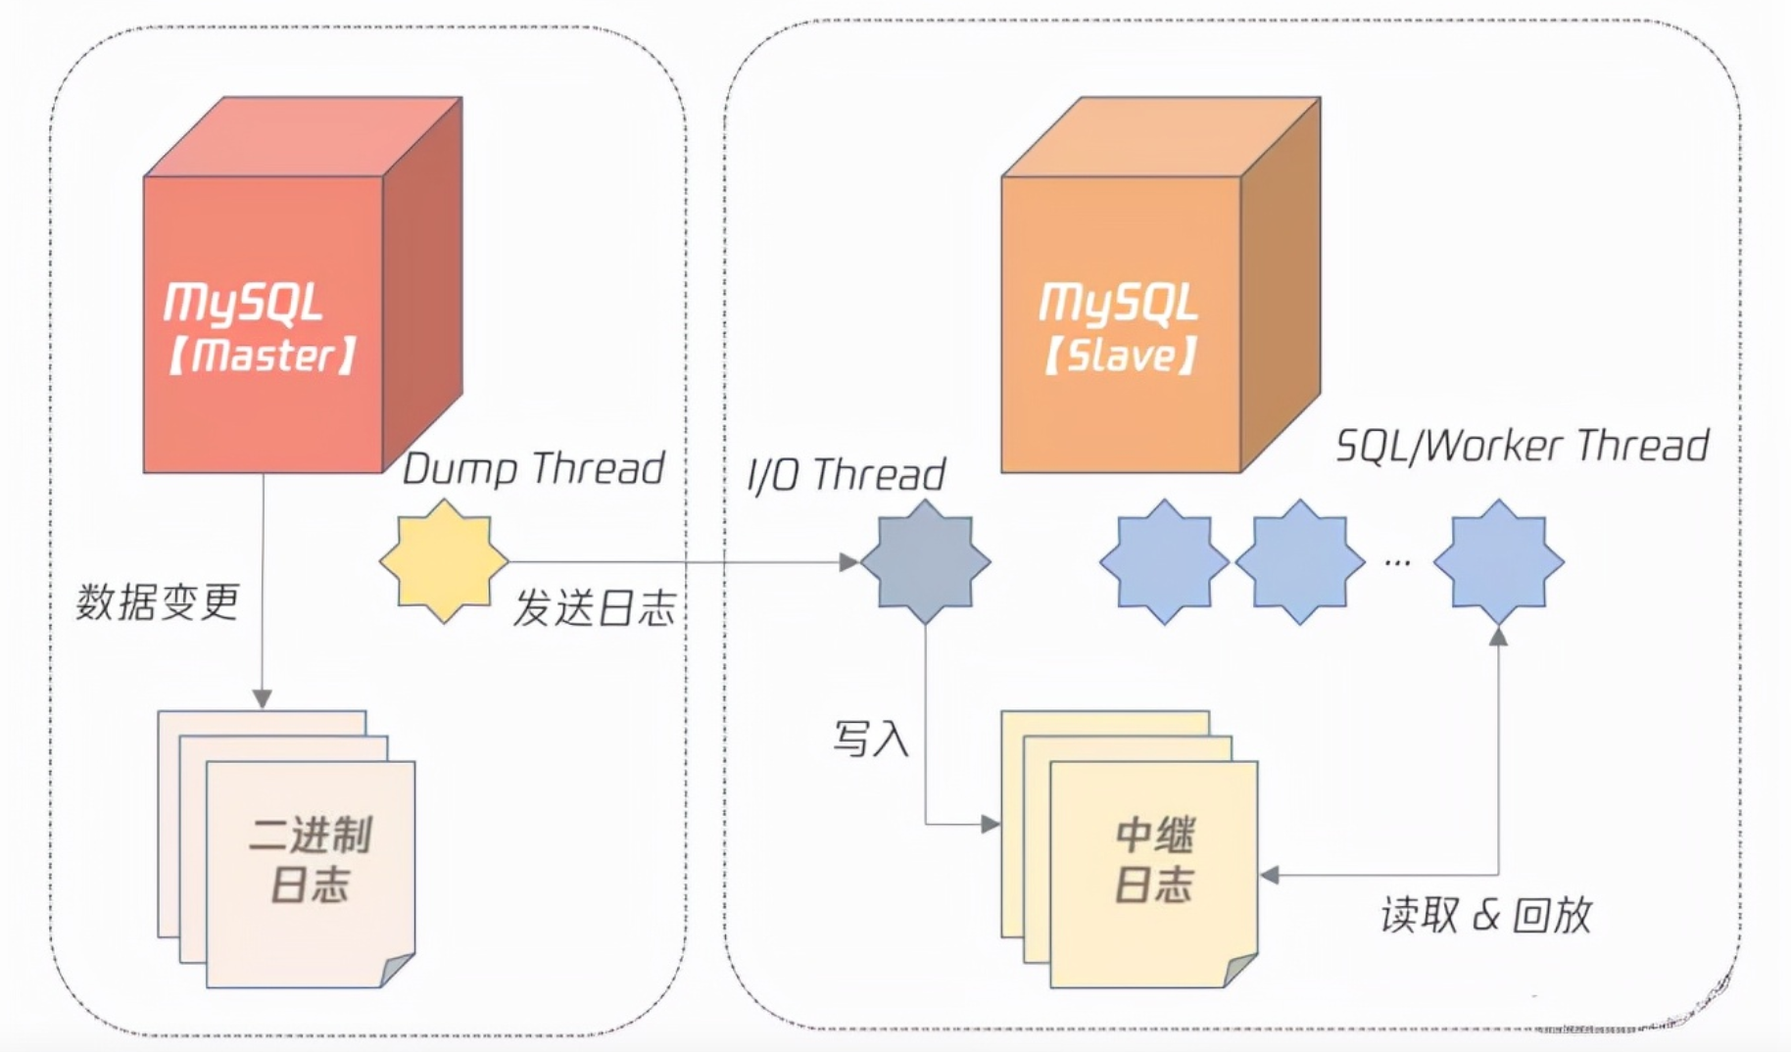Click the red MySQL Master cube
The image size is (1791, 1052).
point(303,285)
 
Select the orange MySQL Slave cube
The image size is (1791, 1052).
point(1161,285)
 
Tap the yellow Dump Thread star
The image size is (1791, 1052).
point(444,561)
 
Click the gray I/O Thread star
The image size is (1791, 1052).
point(926,561)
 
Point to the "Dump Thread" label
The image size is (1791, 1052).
point(534,469)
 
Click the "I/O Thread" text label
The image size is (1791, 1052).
point(846,475)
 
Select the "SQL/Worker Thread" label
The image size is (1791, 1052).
point(1523,446)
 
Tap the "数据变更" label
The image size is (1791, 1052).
point(158,601)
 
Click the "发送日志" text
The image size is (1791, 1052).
point(595,608)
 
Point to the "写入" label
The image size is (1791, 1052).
point(871,739)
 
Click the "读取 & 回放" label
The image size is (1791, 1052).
point(1486,915)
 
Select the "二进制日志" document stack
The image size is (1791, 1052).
point(286,849)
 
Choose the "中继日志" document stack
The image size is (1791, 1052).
point(1130,849)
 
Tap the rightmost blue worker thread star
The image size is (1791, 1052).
point(1498,561)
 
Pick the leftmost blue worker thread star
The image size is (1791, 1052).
point(1164,561)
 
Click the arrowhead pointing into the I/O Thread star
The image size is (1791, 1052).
point(849,561)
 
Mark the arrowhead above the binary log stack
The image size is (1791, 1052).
point(263,698)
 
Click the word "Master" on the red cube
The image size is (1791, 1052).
point(262,356)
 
